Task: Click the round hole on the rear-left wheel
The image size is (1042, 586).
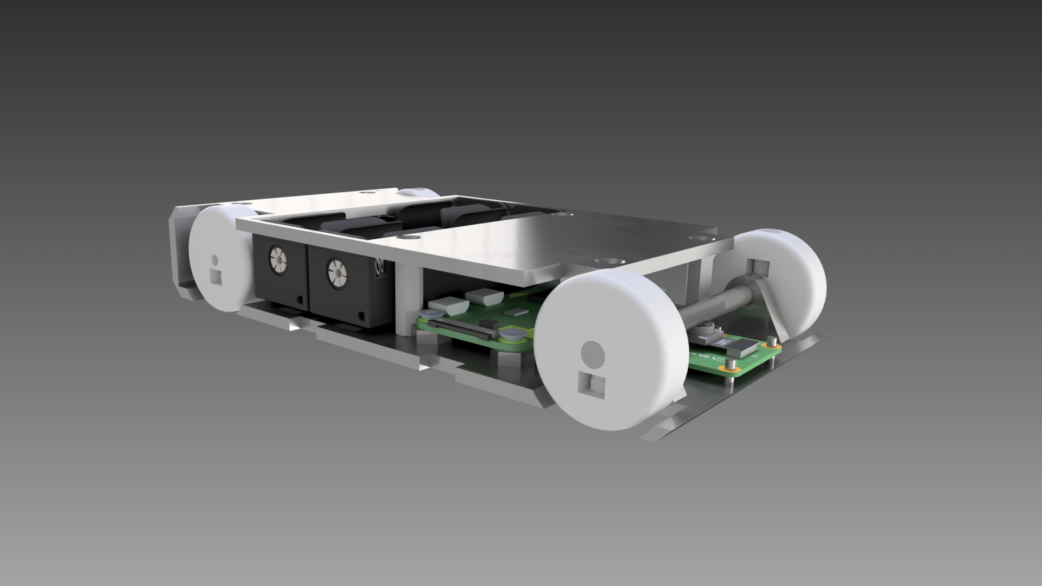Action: (x=214, y=260)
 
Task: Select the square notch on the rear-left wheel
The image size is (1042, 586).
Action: (x=216, y=277)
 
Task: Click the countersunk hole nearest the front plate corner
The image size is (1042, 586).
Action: (x=695, y=238)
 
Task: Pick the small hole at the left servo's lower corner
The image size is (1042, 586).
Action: (x=300, y=299)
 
